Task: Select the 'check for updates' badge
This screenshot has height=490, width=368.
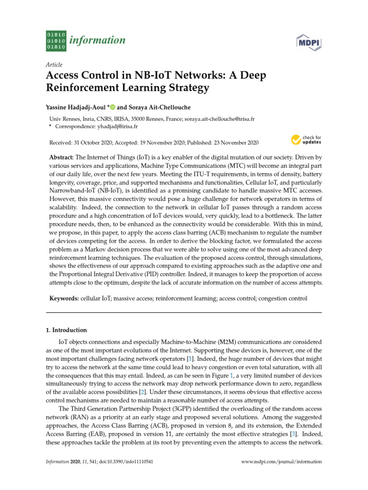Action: click(306, 140)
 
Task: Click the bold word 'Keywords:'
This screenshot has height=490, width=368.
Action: click(64, 298)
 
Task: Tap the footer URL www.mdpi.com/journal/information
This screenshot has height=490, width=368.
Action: click(282, 462)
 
